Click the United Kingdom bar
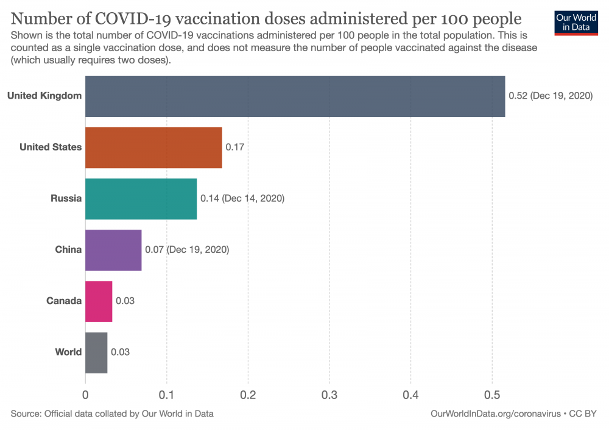tap(295, 96)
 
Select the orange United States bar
tap(153, 147)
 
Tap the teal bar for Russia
tap(141, 199)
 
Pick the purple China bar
tap(113, 250)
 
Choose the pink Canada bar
tap(99, 301)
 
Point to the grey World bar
tap(96, 352)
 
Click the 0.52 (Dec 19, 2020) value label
tap(551, 96)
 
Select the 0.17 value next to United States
tap(234, 147)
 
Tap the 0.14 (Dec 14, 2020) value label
tap(242, 199)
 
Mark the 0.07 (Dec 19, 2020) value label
tap(187, 250)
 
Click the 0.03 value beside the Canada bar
tap(125, 301)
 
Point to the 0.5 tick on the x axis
tap(492, 394)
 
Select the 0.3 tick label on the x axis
tap(329, 394)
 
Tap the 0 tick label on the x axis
tap(85, 394)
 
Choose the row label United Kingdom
tap(44, 96)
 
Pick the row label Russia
tap(66, 199)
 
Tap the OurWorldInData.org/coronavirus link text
tap(495, 414)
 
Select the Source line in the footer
tap(112, 414)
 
